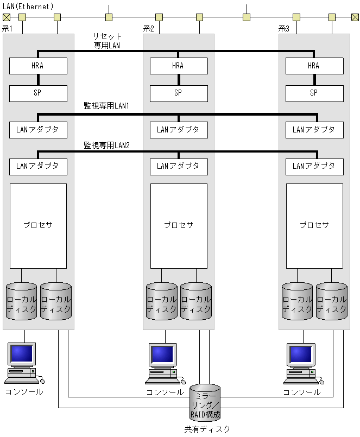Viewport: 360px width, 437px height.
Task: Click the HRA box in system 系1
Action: (x=38, y=66)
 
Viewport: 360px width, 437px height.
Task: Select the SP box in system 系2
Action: (x=179, y=93)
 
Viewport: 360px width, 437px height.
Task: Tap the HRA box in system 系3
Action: (x=314, y=66)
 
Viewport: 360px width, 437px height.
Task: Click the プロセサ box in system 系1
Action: (x=38, y=225)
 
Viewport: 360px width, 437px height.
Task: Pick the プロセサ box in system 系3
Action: (x=314, y=225)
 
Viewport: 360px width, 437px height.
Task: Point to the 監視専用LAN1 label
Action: (x=106, y=106)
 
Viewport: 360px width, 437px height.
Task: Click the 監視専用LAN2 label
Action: (x=106, y=145)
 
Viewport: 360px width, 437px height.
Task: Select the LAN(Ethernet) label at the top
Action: (x=28, y=6)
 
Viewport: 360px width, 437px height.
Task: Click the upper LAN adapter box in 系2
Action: (x=179, y=130)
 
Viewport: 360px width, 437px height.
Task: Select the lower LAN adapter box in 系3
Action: (x=314, y=166)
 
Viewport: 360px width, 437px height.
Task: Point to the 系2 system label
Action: (x=148, y=28)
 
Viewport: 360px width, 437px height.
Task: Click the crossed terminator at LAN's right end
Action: (x=355, y=17)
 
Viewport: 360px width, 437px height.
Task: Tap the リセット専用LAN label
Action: (x=107, y=41)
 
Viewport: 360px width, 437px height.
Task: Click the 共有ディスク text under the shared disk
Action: (x=207, y=429)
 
